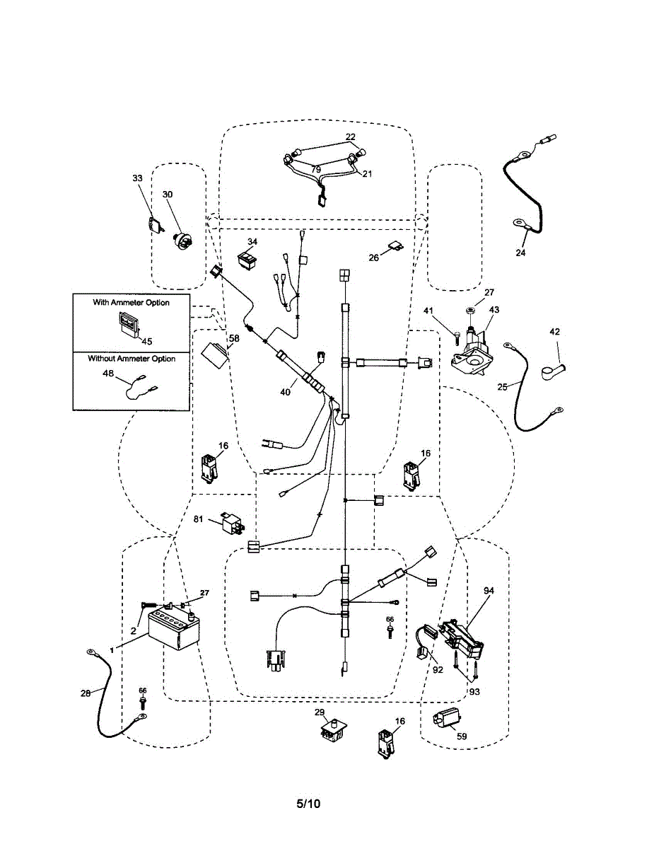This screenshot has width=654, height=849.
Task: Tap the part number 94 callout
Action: (x=489, y=589)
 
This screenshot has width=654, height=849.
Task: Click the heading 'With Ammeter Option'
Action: (x=131, y=302)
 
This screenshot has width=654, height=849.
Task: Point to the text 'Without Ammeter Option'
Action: (x=132, y=359)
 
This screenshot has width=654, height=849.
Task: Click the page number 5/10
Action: (x=308, y=804)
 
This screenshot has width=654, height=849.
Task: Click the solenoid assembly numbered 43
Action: (x=472, y=349)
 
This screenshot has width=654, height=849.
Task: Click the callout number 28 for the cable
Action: (x=85, y=694)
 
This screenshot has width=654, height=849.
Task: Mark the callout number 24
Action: (x=522, y=251)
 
